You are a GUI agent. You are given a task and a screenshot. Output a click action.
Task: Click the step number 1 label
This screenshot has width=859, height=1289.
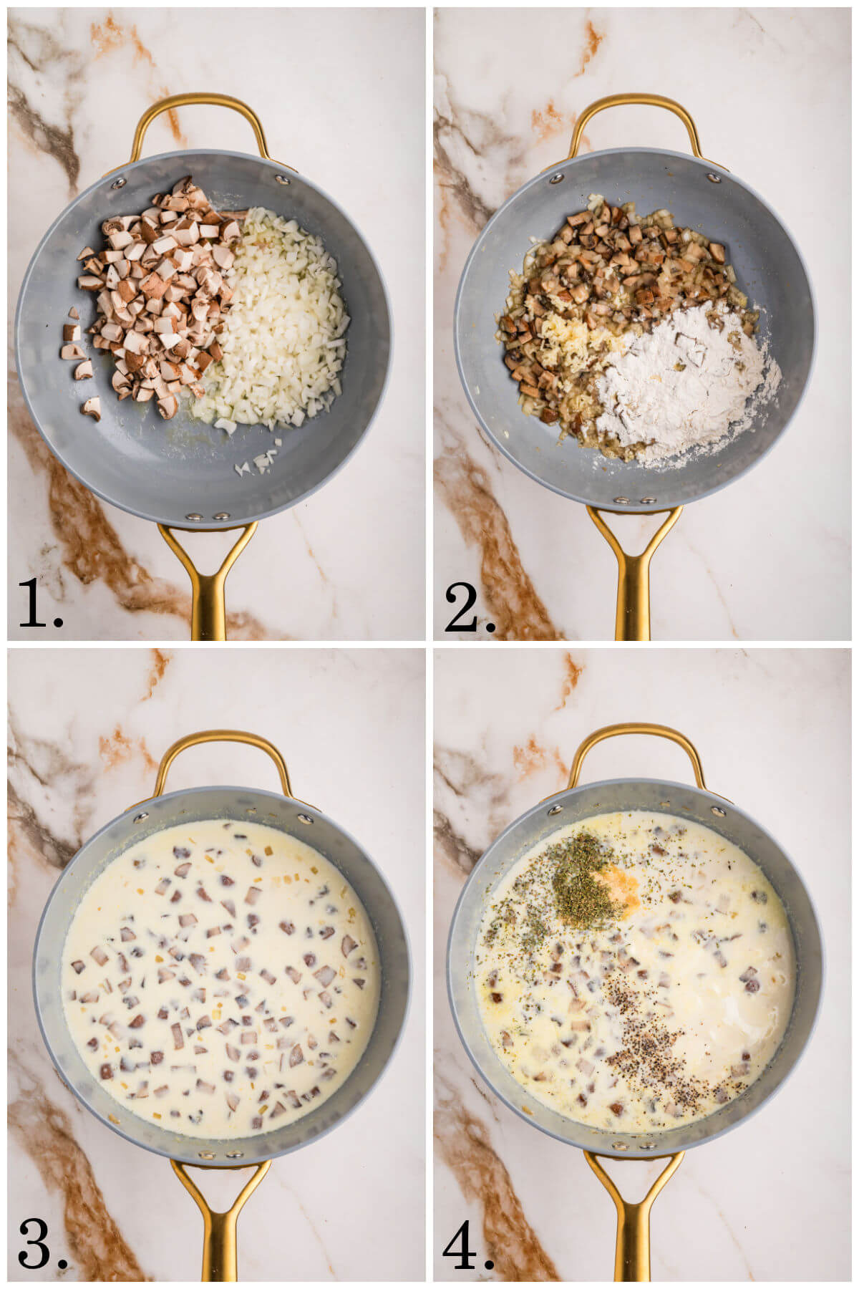39,603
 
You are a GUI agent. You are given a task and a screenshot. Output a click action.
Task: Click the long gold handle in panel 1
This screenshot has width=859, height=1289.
208,587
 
